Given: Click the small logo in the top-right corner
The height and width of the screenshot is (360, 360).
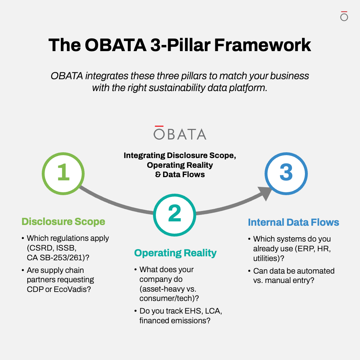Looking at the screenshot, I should [x=344, y=16].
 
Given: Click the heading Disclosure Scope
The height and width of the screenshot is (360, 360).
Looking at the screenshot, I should [x=63, y=221].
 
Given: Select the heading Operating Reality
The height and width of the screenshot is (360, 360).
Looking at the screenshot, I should [x=175, y=253].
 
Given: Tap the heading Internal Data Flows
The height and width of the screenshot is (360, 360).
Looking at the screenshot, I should [x=293, y=222].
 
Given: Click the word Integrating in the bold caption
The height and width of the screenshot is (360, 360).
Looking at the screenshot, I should [x=144, y=156].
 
